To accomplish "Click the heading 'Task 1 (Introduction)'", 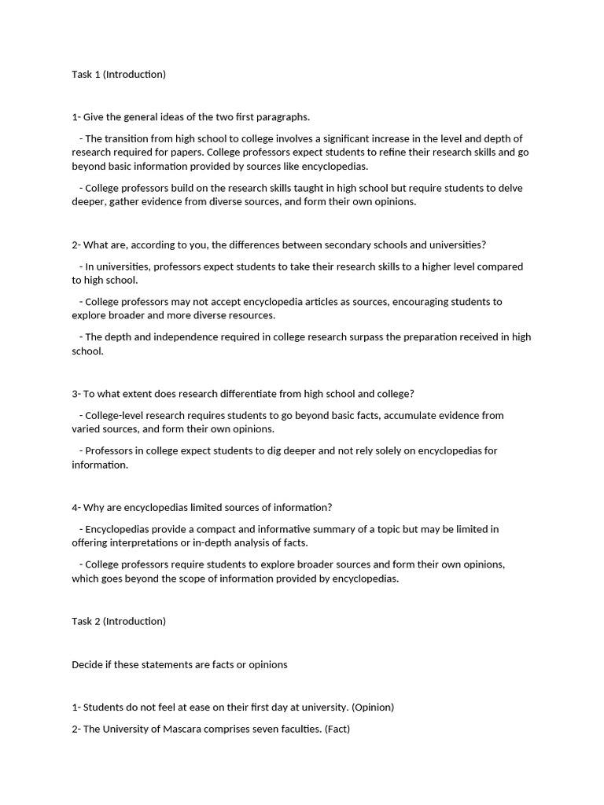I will (x=119, y=75).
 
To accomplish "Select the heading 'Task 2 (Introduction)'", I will (x=119, y=621).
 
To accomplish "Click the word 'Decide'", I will (x=88, y=664).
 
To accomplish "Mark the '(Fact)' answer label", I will (x=337, y=729).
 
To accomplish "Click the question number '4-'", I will (x=76, y=508).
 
